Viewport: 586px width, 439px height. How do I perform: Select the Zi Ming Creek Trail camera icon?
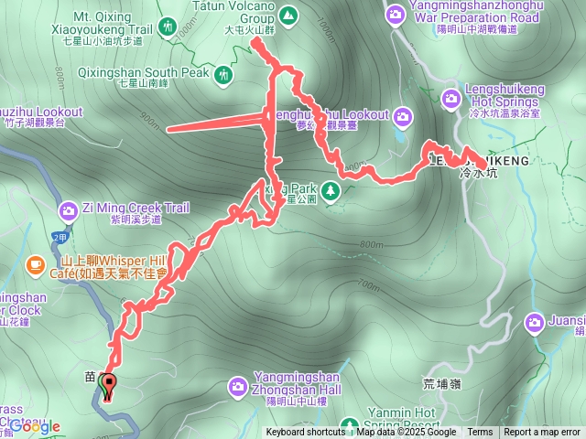68,212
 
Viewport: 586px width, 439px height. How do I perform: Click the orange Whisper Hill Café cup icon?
35,264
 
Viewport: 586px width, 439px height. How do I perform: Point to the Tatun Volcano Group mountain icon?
288,15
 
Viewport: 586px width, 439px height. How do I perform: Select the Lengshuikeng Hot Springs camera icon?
450,98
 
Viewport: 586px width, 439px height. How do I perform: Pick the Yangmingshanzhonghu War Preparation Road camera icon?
396,14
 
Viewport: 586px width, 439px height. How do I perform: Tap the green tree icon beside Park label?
331,191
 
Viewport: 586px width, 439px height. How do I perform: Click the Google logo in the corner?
35,426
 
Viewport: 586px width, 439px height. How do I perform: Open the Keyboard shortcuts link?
306,433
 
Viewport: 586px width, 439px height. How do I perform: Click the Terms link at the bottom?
480,433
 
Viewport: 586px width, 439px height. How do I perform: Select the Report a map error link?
541,433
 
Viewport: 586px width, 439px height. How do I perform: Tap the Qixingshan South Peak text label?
165,71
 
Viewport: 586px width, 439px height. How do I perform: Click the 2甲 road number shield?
60,237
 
